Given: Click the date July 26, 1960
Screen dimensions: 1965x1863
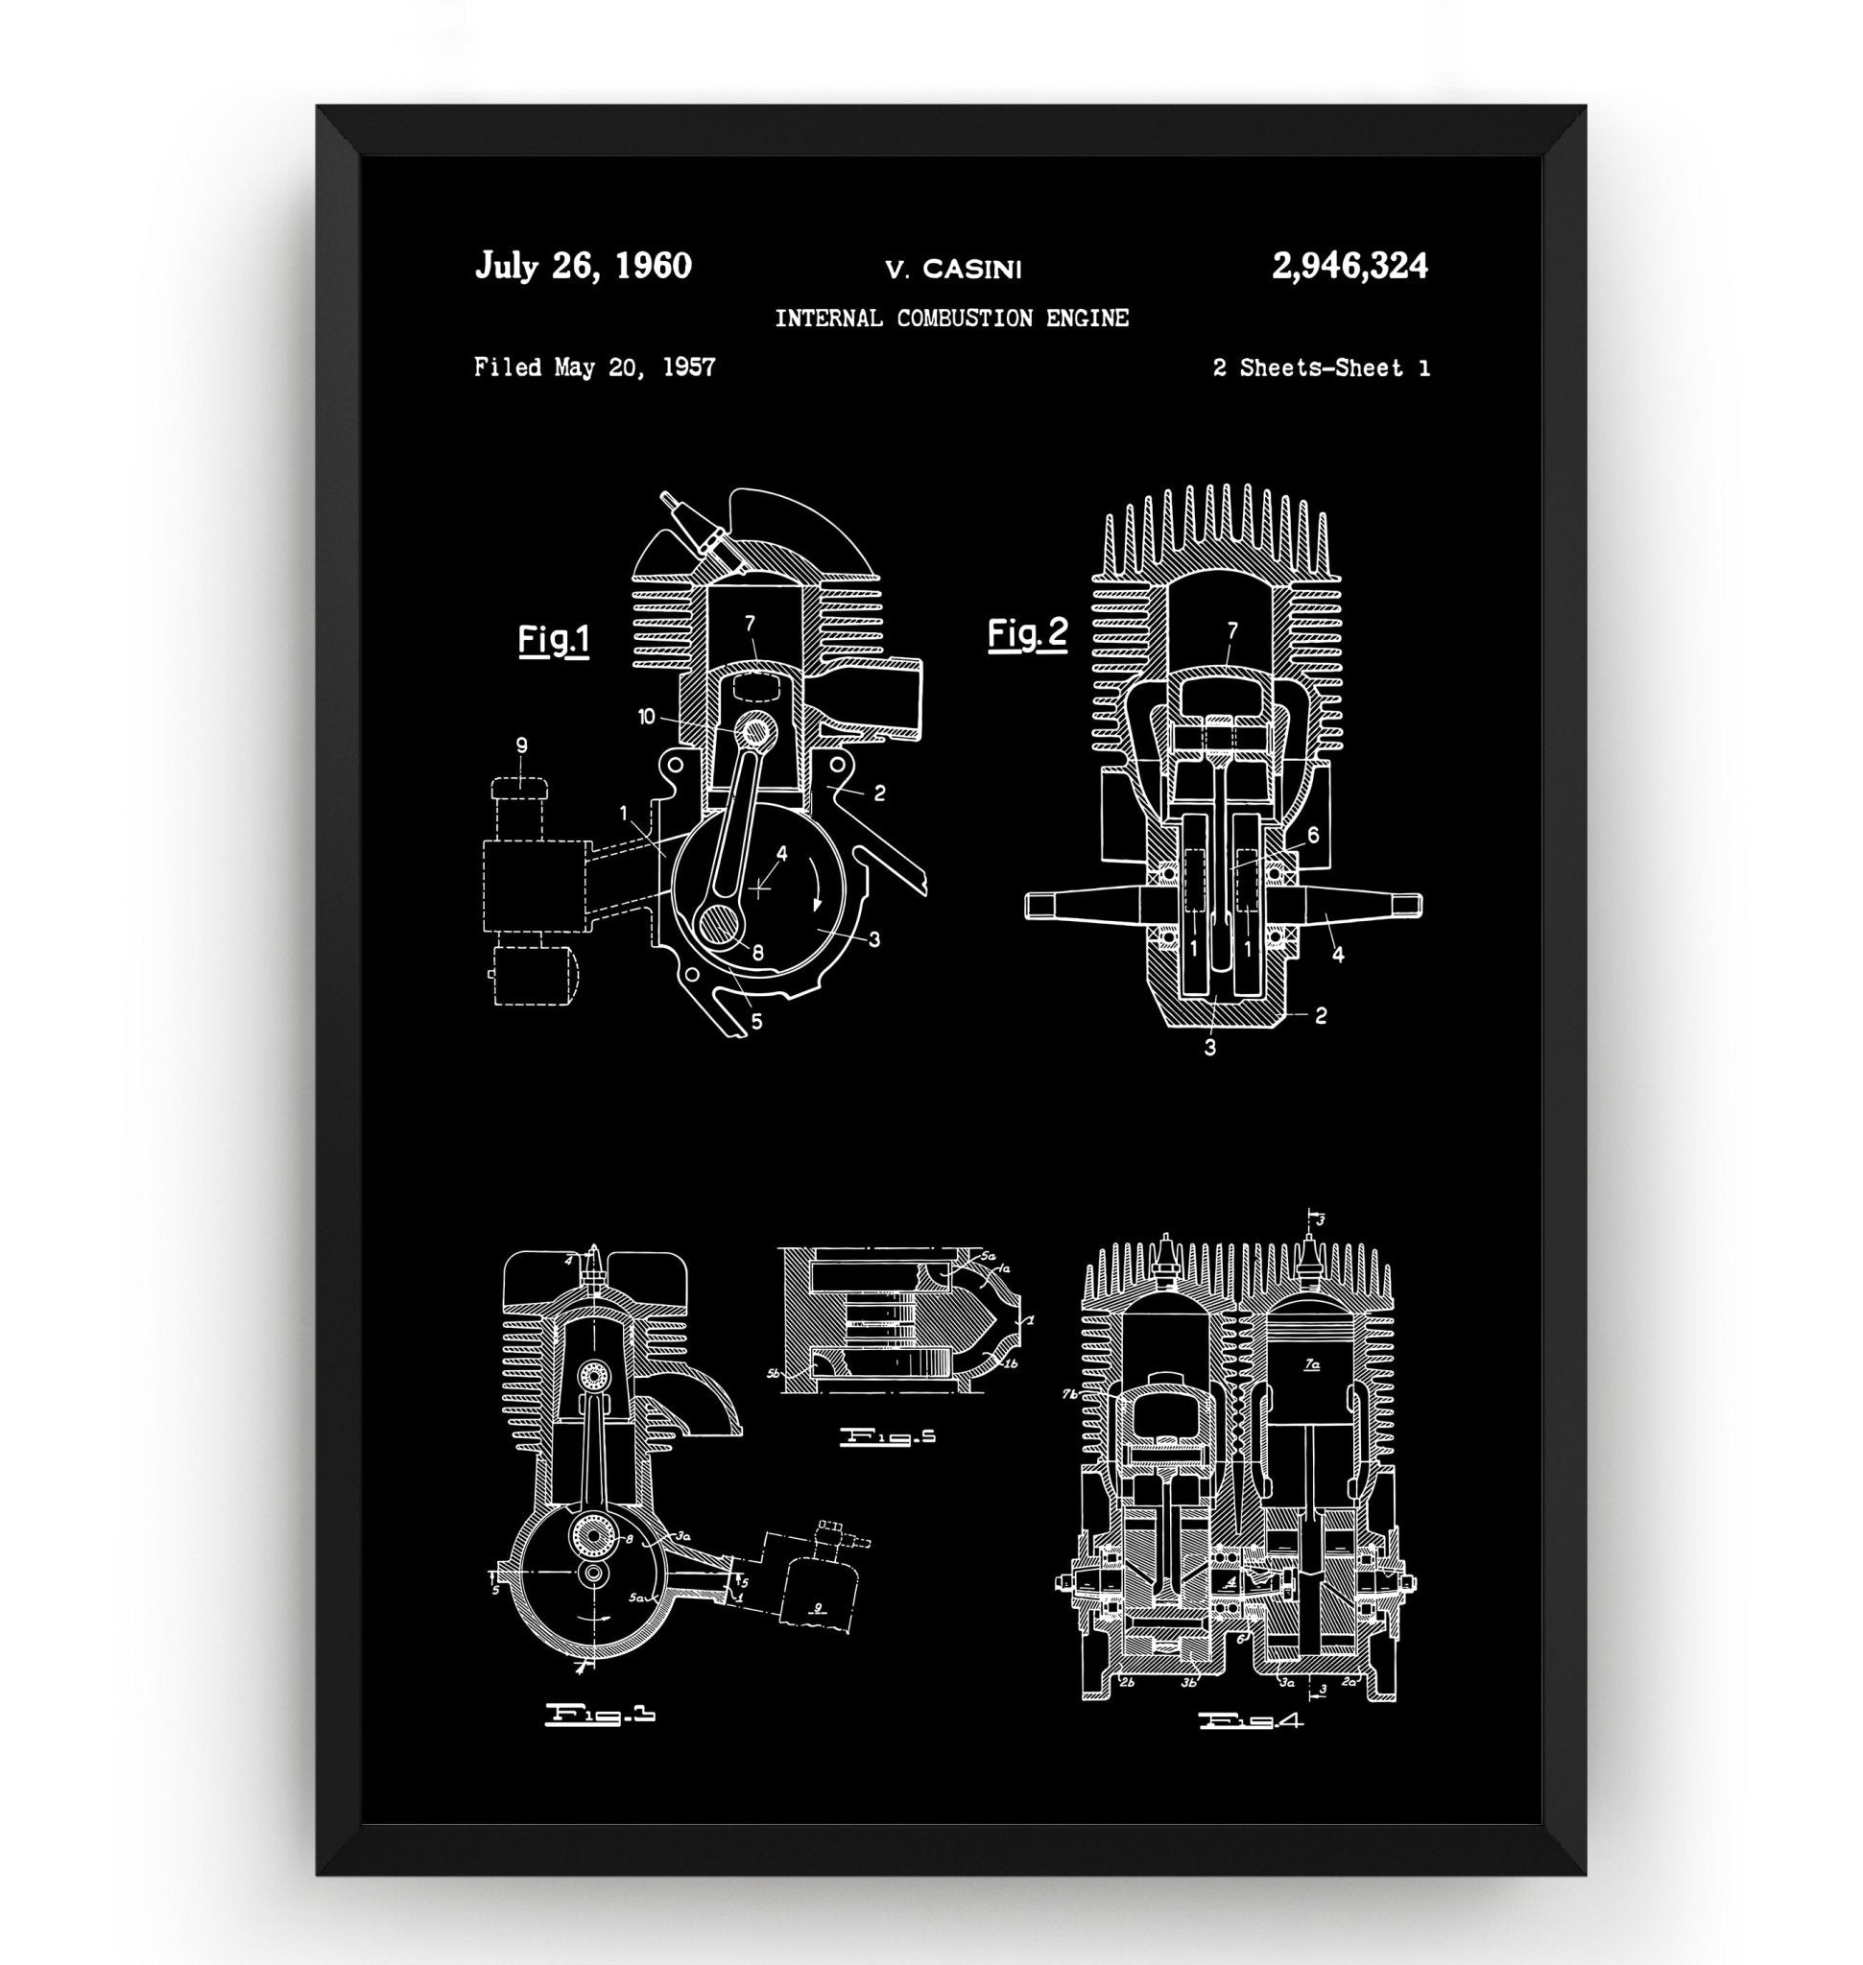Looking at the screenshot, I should point(583,266).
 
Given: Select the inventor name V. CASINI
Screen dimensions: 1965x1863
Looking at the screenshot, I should point(952,268).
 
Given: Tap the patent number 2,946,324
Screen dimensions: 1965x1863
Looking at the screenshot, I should point(1349,266).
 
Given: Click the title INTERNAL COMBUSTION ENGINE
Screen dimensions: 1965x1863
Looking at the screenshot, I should point(951,319).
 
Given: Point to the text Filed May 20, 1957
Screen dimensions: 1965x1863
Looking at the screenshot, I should point(594,367).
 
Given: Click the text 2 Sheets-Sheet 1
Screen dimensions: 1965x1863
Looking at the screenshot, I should point(1321,368).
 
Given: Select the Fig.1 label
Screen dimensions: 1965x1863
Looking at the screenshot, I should point(553,639).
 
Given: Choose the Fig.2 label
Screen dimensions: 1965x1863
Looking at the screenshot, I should point(1027,633).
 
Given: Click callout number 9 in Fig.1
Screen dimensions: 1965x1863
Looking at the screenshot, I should point(521,745).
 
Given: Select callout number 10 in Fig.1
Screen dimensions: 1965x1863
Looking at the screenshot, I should point(647,716).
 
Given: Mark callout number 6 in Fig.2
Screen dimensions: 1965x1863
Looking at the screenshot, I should point(1313,835).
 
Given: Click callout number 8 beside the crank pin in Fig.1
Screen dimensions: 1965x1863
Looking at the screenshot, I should point(757,951).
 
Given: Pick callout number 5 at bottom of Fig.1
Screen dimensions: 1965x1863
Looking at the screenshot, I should point(756,1020).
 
